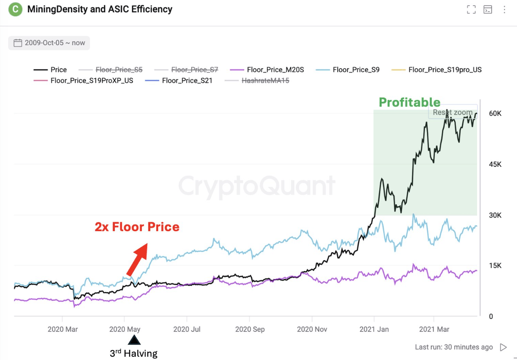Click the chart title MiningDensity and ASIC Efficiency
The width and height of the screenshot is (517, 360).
point(99,9)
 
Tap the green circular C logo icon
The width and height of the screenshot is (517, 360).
point(15,9)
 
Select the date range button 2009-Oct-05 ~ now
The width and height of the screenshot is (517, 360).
point(49,43)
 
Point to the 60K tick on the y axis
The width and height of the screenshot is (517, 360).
point(495,113)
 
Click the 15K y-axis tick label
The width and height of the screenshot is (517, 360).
point(495,266)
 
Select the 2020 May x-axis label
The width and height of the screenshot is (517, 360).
point(125,329)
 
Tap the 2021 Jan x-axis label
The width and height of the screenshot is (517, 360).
point(374,329)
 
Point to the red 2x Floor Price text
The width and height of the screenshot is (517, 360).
point(137,227)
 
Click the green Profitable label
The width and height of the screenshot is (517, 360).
point(409,102)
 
